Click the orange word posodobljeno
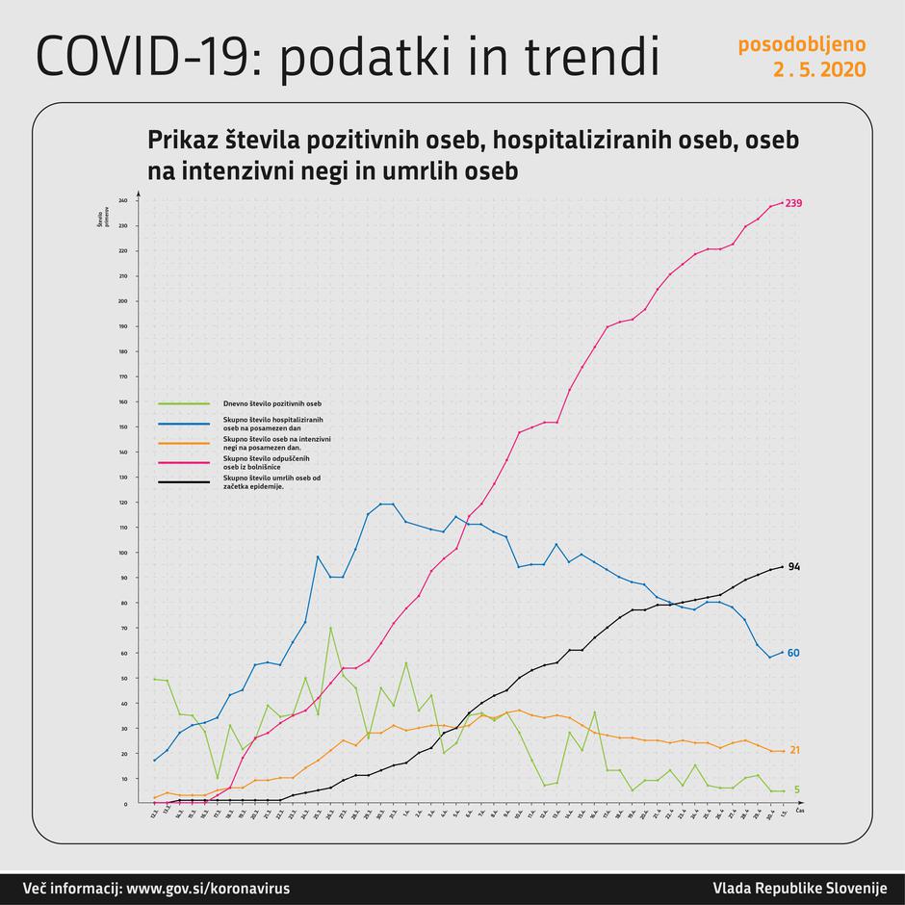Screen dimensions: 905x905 coord(802,45)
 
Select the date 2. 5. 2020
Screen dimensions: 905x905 coord(818,70)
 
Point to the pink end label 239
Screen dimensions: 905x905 coord(794,203)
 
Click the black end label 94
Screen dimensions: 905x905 coord(794,567)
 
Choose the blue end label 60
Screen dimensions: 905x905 coord(794,653)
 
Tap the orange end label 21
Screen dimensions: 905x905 coord(794,750)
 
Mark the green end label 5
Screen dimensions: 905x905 coord(797,790)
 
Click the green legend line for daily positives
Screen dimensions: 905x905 coord(185,403)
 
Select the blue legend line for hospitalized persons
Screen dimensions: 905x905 coord(185,424)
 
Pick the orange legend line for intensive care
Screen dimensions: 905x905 coord(185,442)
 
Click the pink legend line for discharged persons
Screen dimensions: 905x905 coord(185,462)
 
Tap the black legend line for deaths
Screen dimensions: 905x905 coord(185,481)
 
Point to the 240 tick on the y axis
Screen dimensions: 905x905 coord(124,201)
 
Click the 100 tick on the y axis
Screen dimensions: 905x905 coord(124,553)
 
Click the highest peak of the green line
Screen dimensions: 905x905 coord(330,628)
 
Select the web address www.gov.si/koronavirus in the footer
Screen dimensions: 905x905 coord(207,888)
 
